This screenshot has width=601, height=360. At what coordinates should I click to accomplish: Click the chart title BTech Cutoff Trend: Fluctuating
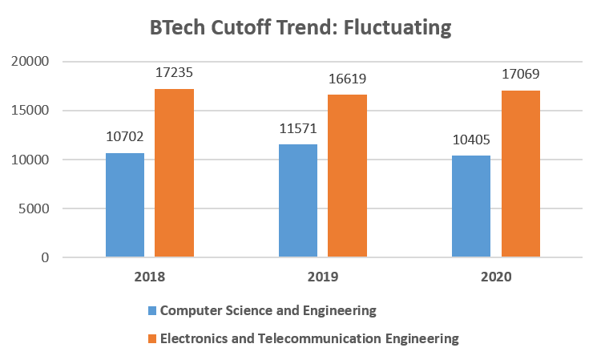coord(300,28)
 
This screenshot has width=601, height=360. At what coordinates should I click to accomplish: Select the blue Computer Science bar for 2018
coord(124,205)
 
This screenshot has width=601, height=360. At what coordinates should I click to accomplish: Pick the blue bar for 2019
coord(297,201)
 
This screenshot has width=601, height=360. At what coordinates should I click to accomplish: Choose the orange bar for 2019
coord(347,176)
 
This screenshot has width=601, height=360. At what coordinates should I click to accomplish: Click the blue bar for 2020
coord(471,207)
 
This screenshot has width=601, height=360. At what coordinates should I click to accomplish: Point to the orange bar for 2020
coord(521,174)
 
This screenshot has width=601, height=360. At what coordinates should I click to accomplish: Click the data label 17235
coord(174,73)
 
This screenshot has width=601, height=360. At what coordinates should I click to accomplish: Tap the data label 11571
coord(297,128)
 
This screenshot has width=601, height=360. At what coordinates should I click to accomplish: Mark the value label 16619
coord(347,79)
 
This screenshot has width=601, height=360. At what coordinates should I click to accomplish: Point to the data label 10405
coord(471,140)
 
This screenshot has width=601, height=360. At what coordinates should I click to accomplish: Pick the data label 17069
coord(521,75)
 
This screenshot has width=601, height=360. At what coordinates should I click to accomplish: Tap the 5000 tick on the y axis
coord(34,209)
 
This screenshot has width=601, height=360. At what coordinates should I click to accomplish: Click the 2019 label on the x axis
coord(322,277)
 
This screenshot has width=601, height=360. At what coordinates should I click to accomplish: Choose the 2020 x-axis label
coord(496,277)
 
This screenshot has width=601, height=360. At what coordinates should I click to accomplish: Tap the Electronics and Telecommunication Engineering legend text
coord(309,338)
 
